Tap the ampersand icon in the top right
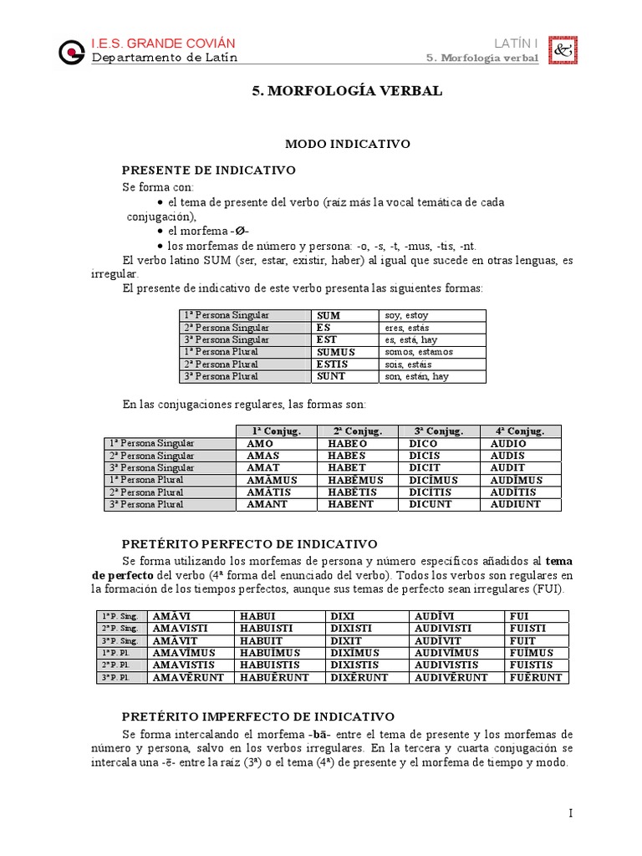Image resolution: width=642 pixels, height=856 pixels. (x=560, y=51)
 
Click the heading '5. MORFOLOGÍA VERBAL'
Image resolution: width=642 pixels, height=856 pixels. (x=347, y=91)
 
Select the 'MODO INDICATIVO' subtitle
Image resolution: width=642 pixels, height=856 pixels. (x=348, y=144)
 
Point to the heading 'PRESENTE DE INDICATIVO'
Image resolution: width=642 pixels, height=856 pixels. (x=209, y=170)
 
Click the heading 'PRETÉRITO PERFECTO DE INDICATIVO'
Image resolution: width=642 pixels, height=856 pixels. (x=250, y=544)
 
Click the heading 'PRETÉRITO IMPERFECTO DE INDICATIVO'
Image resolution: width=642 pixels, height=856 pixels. (x=257, y=717)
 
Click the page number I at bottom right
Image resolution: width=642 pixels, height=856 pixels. (x=569, y=813)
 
